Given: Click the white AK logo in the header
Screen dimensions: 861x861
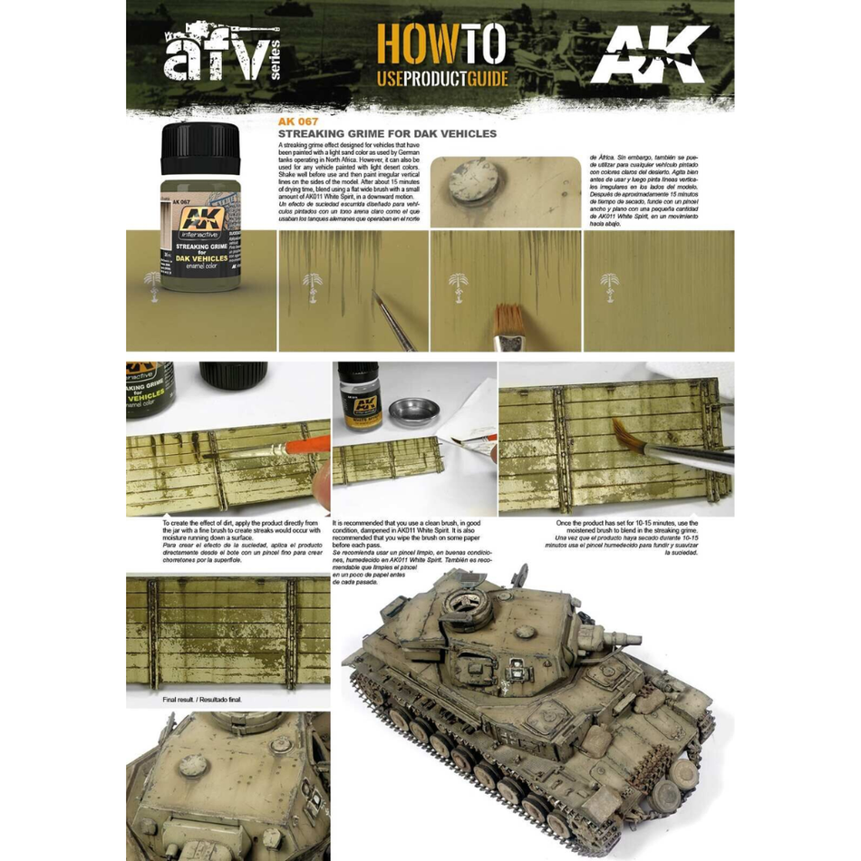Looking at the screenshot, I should pos(648,54).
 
